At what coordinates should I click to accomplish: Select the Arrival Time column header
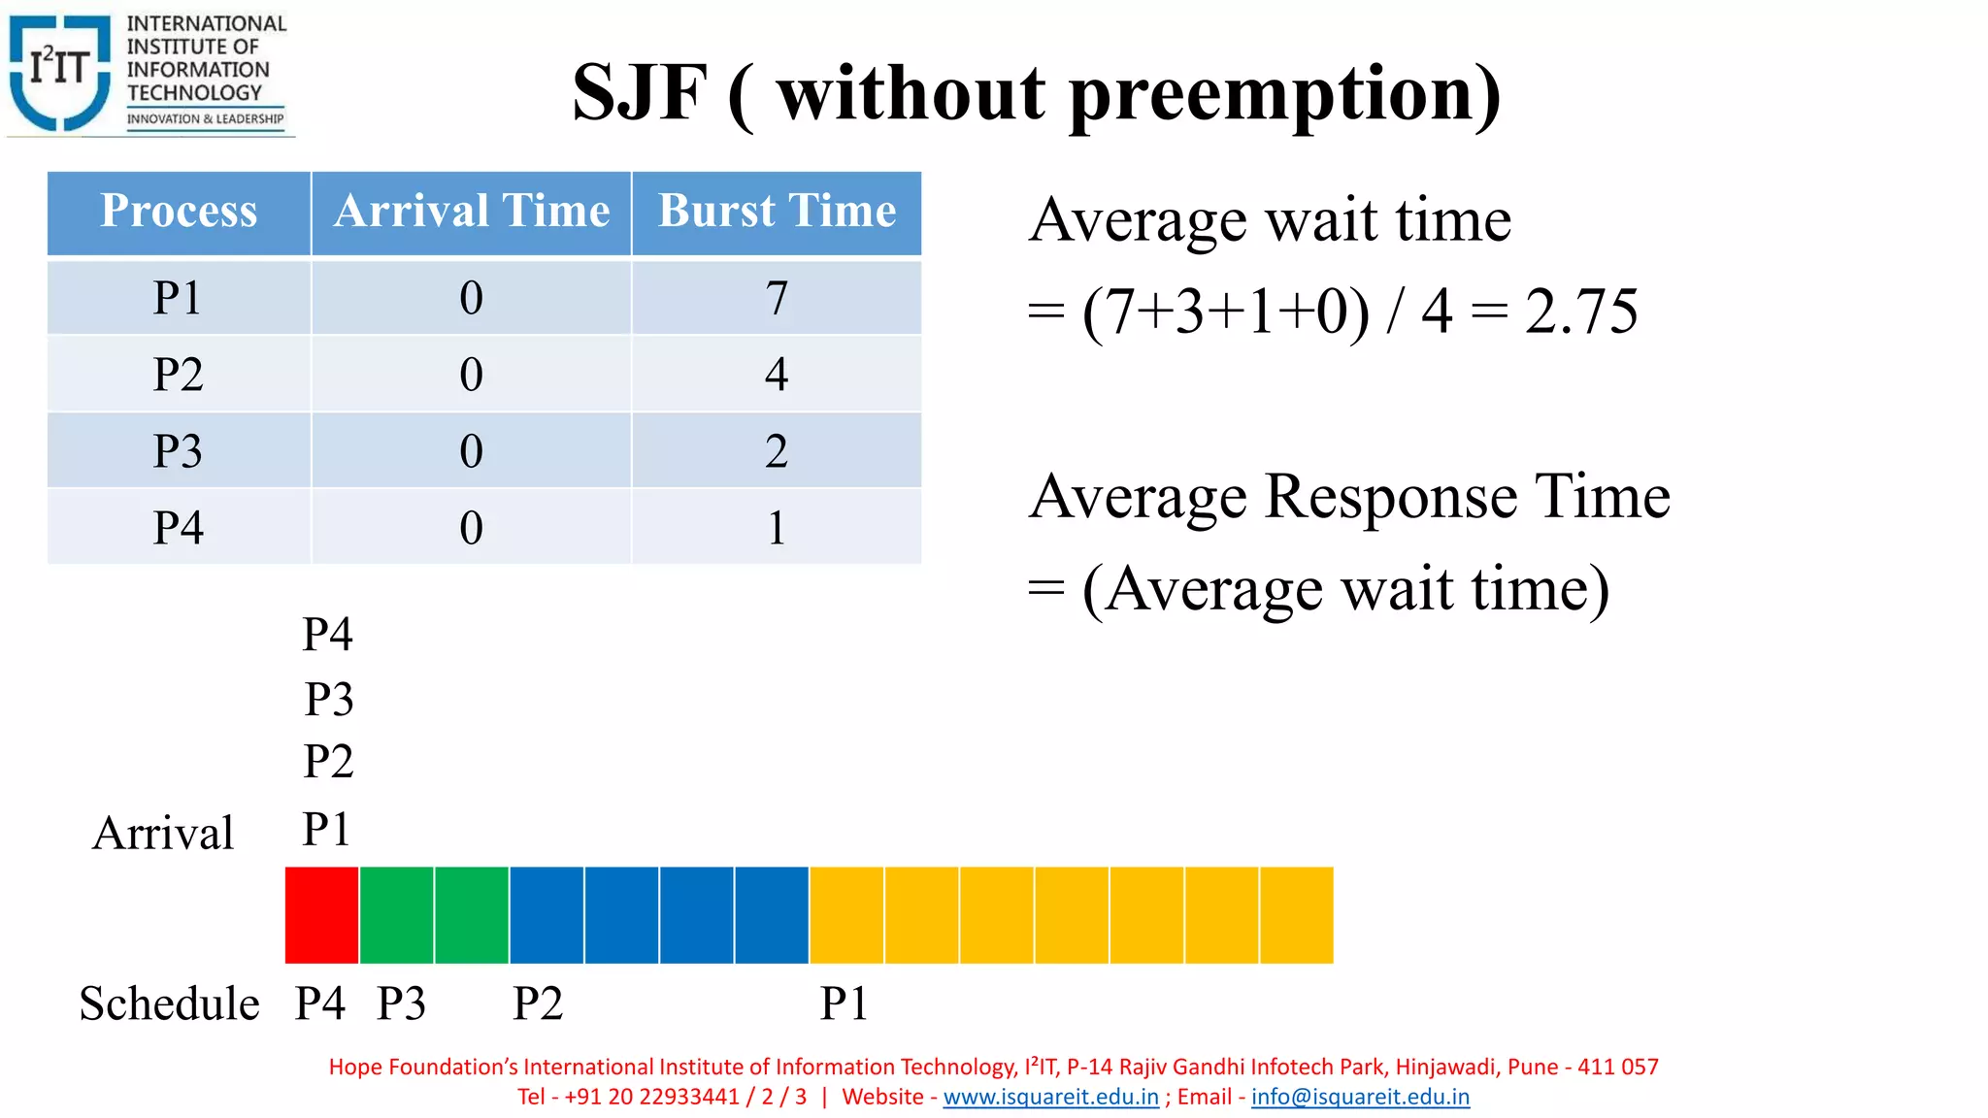click(472, 212)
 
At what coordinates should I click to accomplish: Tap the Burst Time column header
click(777, 212)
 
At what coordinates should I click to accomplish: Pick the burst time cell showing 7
click(777, 297)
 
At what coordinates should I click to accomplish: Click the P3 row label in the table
click(179, 451)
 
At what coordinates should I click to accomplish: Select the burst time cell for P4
click(777, 528)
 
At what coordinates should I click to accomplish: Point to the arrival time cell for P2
click(472, 375)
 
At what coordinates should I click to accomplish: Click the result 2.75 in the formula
click(1580, 312)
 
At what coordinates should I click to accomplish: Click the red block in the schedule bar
click(321, 915)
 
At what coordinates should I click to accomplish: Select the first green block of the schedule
click(397, 915)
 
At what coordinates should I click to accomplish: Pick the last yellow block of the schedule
click(1297, 915)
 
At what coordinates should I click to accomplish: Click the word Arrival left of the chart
click(163, 833)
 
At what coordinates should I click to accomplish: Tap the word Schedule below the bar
click(169, 1003)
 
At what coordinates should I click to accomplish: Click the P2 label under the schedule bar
click(538, 1003)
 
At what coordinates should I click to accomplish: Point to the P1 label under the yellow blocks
click(844, 1003)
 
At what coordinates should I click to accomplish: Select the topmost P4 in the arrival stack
click(327, 635)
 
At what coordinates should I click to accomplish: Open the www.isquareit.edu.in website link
click(1050, 1097)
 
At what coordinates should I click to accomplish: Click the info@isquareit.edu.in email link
click(1360, 1097)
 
